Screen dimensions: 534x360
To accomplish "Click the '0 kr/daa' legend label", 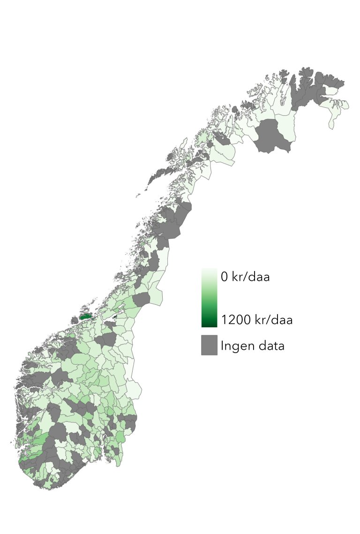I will pos(245,277).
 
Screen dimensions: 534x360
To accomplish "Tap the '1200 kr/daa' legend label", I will pos(257,320).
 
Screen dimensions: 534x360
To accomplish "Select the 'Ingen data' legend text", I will pos(253,346).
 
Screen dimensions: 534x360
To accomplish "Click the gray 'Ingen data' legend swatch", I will pos(210,345).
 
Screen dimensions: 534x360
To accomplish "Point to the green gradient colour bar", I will pos(209,298).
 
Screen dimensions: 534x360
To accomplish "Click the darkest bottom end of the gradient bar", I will pos(209,324).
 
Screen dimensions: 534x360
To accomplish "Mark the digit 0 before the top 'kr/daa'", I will pos(225,277).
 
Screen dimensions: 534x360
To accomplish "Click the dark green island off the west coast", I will pos(85,316).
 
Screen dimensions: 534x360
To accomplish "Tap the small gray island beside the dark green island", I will pos(74,321).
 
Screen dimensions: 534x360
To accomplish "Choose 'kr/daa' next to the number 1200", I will pos(272,320).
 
